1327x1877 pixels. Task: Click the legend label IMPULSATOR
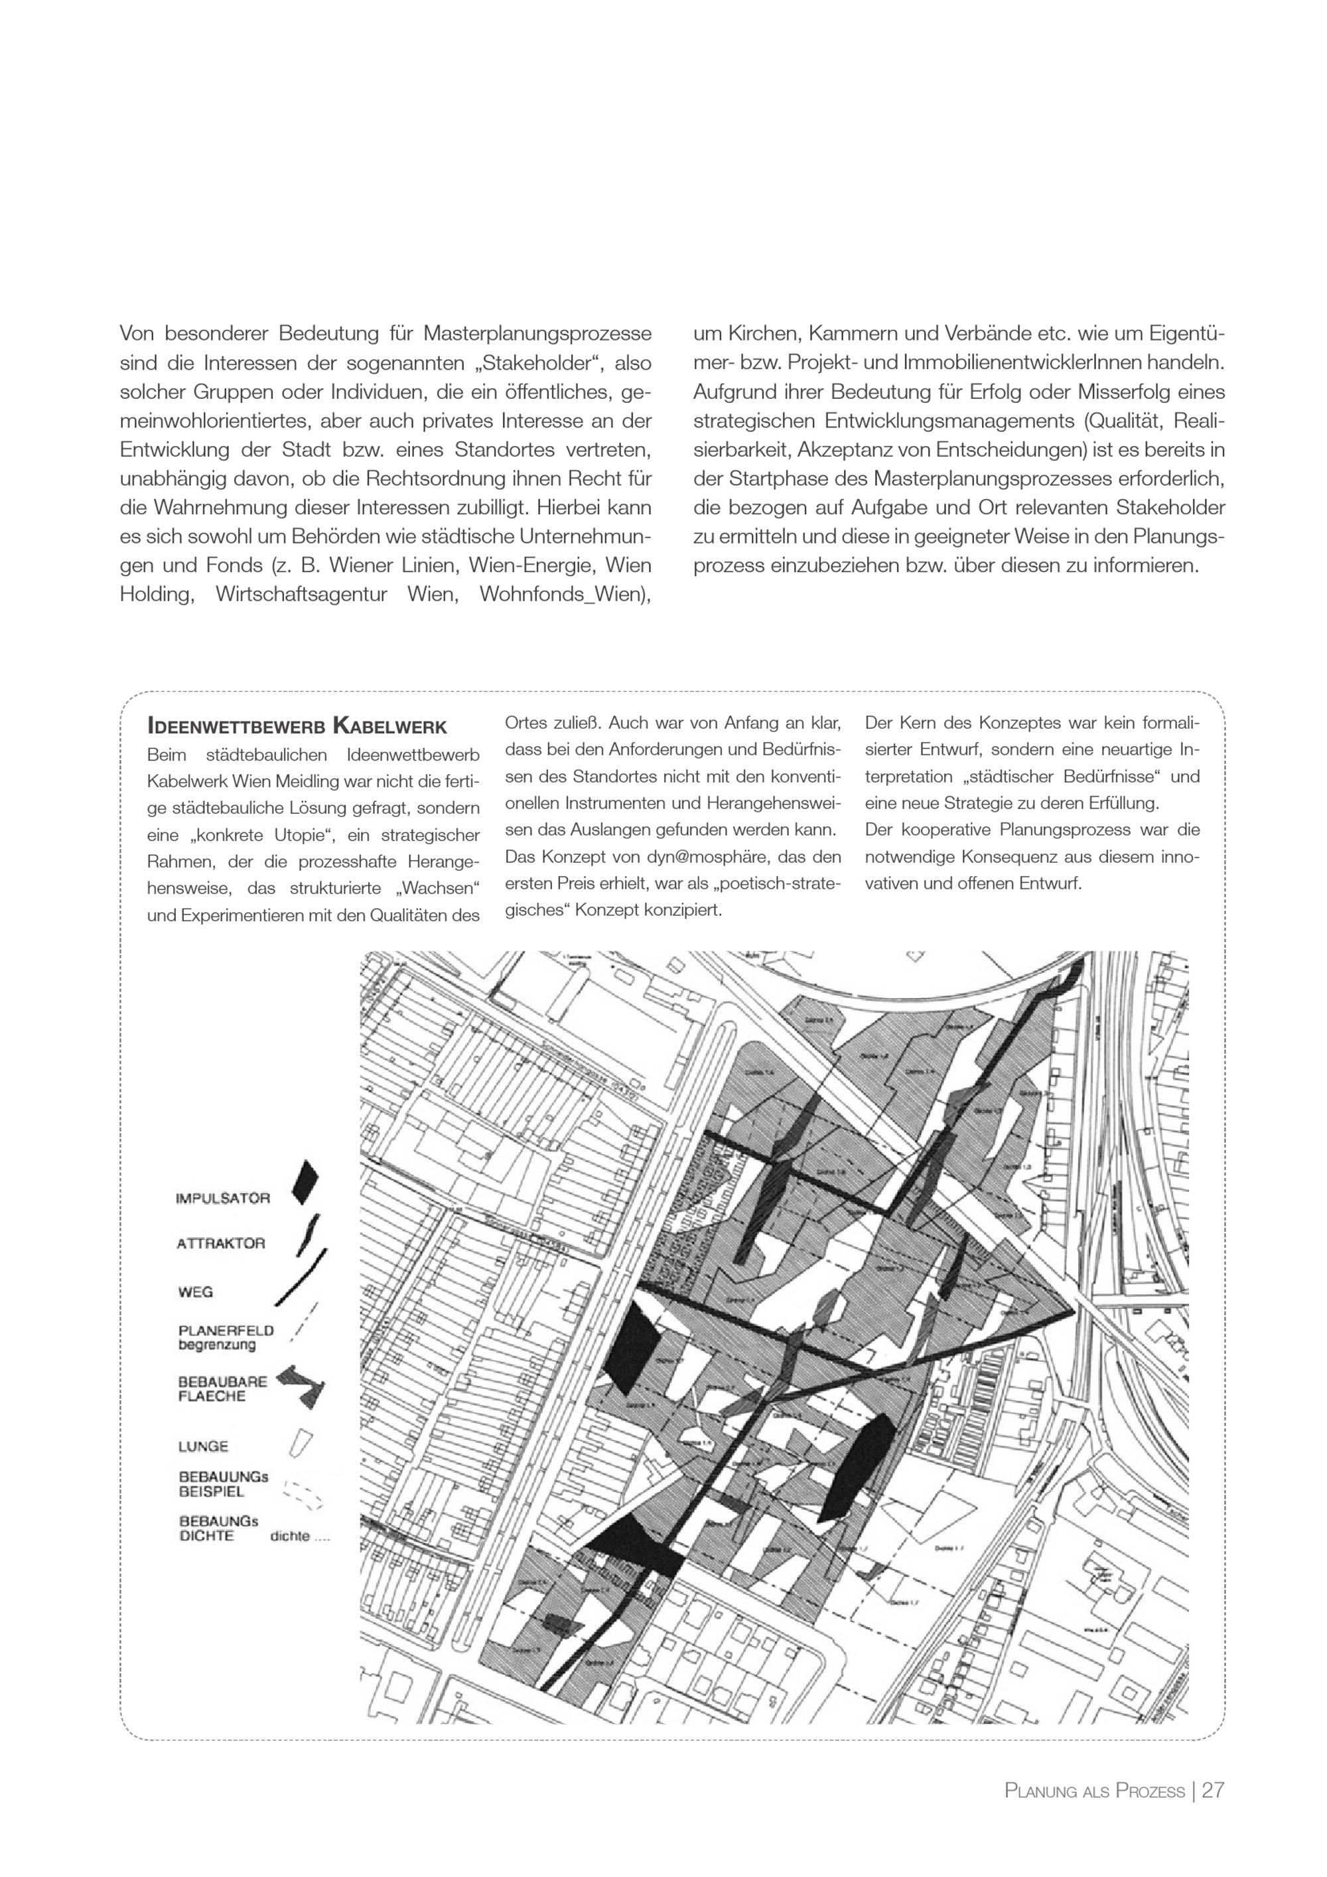pos(222,1199)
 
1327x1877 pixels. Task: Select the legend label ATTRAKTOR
pos(221,1243)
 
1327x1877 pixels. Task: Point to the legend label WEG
pos(195,1292)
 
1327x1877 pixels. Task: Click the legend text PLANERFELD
pos(226,1330)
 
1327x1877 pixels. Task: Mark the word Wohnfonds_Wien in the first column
pos(564,594)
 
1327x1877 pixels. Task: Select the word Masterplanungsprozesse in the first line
pos(537,334)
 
